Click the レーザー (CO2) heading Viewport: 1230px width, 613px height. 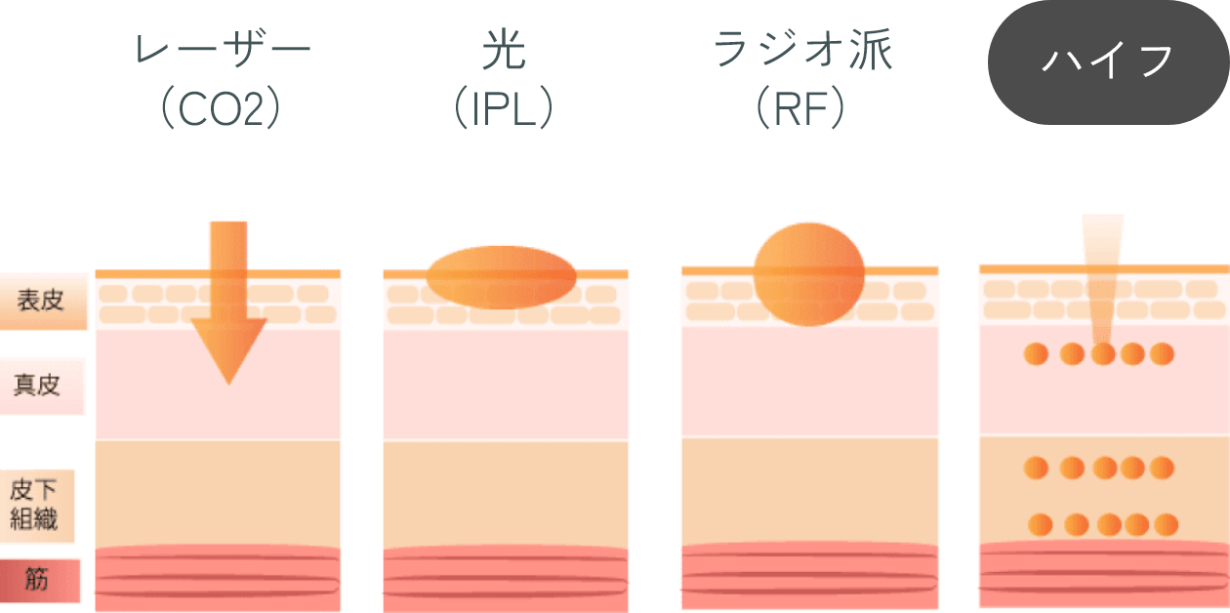[x=222, y=81]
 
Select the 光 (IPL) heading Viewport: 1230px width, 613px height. [x=504, y=81]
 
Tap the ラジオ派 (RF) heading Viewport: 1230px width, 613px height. [x=802, y=81]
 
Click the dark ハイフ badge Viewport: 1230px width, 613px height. [x=1107, y=61]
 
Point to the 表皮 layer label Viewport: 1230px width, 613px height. [x=42, y=300]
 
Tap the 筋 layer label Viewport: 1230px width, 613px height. [x=38, y=580]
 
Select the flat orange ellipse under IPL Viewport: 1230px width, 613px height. [x=501, y=277]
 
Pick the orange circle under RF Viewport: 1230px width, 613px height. [x=809, y=274]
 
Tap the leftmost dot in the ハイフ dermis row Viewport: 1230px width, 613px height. [x=1036, y=354]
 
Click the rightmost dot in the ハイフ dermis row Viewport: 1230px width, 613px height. [x=1162, y=354]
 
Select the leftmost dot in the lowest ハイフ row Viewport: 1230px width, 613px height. [x=1041, y=525]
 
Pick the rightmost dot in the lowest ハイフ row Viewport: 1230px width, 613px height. [x=1165, y=525]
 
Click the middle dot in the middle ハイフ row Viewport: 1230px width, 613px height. [x=1104, y=469]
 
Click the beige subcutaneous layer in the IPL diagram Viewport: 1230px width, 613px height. [x=506, y=493]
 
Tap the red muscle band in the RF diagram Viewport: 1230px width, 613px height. [x=809, y=576]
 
